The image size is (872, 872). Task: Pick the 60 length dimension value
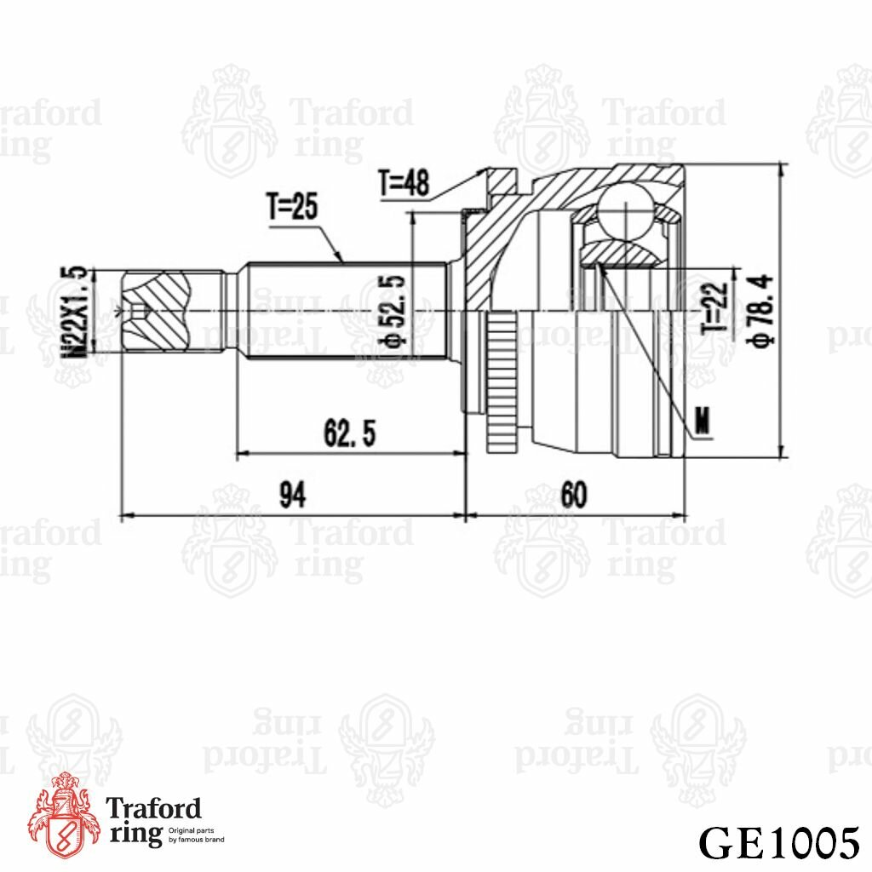(x=574, y=495)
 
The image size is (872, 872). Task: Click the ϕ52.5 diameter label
(x=393, y=313)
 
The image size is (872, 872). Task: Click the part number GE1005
(x=777, y=842)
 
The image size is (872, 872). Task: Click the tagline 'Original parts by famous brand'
(x=197, y=834)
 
